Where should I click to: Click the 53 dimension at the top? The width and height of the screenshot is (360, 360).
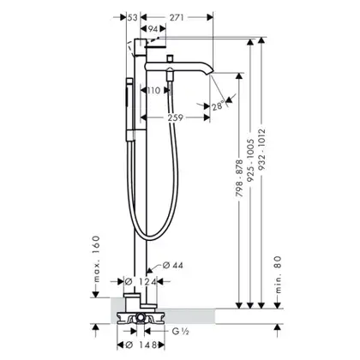[x=132, y=18]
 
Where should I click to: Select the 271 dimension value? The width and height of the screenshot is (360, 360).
[x=177, y=18]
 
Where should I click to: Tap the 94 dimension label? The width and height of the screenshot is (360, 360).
[x=153, y=29]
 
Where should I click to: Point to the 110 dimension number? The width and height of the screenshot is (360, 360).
[x=154, y=91]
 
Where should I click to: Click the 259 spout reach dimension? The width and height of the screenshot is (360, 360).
[x=175, y=117]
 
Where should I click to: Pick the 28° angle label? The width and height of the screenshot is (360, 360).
[x=218, y=106]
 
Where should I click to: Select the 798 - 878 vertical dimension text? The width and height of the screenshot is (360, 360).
[x=239, y=178]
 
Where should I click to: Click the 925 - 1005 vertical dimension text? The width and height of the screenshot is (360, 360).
[x=250, y=160]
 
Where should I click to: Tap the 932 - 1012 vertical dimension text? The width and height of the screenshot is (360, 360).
[x=261, y=149]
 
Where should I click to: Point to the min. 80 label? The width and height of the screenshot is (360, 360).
[x=279, y=274]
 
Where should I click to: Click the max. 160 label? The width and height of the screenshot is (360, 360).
[x=97, y=259]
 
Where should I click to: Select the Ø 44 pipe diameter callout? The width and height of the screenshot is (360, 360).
[x=173, y=266]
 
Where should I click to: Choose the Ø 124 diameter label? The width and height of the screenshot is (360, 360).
[x=141, y=282]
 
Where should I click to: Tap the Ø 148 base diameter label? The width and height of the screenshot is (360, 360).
[x=141, y=345]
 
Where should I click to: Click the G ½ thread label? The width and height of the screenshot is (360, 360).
[x=181, y=332]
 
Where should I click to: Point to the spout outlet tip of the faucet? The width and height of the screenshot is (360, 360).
[x=211, y=74]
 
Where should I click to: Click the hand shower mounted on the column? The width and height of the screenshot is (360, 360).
[x=129, y=110]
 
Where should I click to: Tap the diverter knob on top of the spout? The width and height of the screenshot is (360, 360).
[x=171, y=58]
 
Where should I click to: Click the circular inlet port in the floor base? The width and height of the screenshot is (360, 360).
[x=141, y=317]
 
